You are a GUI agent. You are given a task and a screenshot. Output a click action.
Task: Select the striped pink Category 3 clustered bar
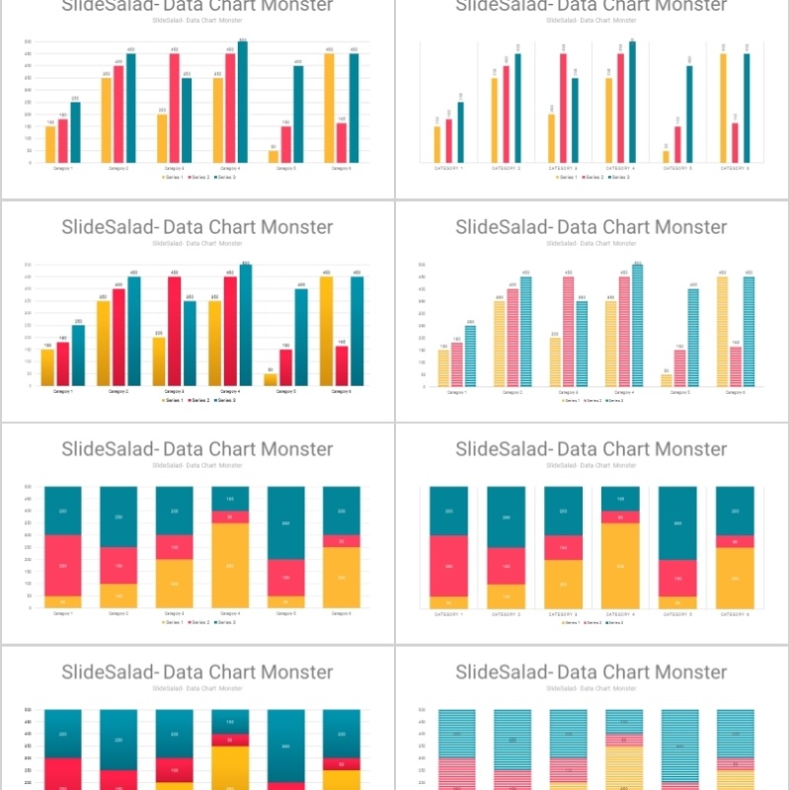pyautogui.click(x=568, y=331)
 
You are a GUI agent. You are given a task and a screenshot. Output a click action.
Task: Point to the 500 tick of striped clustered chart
pyautogui.click(x=422, y=265)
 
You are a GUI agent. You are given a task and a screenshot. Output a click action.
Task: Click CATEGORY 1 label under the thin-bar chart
pyautogui.click(x=449, y=169)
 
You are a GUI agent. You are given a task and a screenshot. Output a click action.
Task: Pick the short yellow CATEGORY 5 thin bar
pyautogui.click(x=666, y=156)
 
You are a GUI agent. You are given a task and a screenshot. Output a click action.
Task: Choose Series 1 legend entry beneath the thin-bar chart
pyautogui.click(x=566, y=177)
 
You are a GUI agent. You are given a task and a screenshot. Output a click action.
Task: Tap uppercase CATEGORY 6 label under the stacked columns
pyautogui.click(x=734, y=614)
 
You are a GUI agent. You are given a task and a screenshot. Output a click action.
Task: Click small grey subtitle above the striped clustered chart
pyautogui.click(x=592, y=243)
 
